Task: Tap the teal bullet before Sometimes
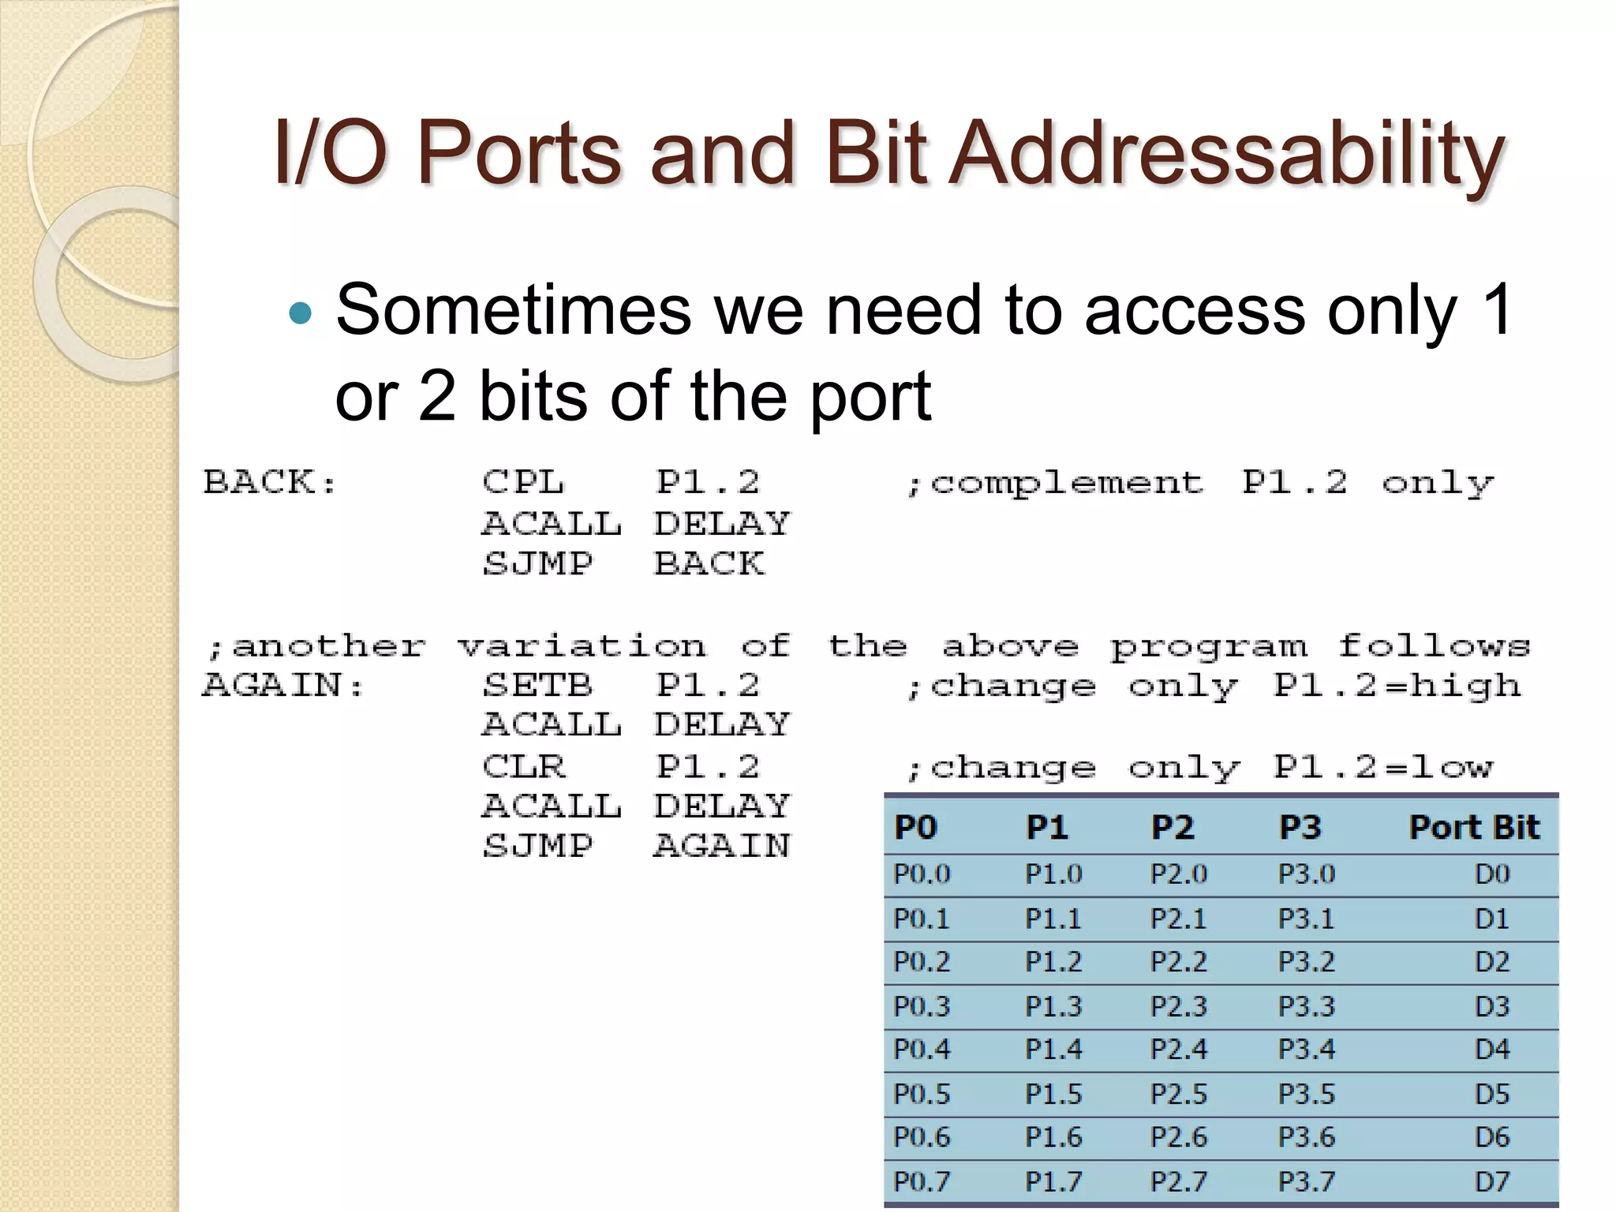coord(301,313)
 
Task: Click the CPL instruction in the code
coord(523,482)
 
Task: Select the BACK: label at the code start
coord(270,482)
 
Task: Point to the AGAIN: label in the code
coord(283,685)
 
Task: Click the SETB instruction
coord(537,685)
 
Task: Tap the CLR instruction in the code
coord(523,766)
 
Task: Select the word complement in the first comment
coord(1067,482)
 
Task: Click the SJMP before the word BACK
coord(537,563)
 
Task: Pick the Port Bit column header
coord(1474,827)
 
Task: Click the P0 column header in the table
coord(915,827)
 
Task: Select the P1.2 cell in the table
coord(1053,962)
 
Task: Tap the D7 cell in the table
coord(1492,1181)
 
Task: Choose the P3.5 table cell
coord(1307,1094)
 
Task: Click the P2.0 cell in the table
coord(1179,874)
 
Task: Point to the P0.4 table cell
coord(922,1049)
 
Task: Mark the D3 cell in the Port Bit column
coord(1492,1006)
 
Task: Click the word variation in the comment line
coord(582,646)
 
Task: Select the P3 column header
coord(1300,827)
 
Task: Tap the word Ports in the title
coord(518,154)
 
